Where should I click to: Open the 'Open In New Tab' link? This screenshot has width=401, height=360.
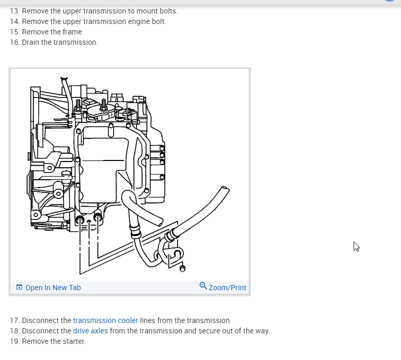point(53,288)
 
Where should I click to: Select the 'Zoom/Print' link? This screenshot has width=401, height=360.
point(227,288)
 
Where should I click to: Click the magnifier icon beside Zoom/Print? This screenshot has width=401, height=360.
point(203,285)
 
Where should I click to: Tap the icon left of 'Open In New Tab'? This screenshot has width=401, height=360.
point(19,287)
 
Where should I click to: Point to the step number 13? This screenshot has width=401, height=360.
point(14,11)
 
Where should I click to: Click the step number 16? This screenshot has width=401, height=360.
point(14,42)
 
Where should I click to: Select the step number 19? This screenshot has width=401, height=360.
point(14,341)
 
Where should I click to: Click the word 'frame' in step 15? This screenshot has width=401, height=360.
point(73,32)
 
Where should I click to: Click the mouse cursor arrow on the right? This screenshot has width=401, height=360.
point(356,246)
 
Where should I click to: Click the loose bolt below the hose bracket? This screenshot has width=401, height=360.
point(182,268)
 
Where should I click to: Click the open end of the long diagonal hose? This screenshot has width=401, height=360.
point(224,189)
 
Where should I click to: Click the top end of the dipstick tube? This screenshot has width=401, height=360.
point(64,79)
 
